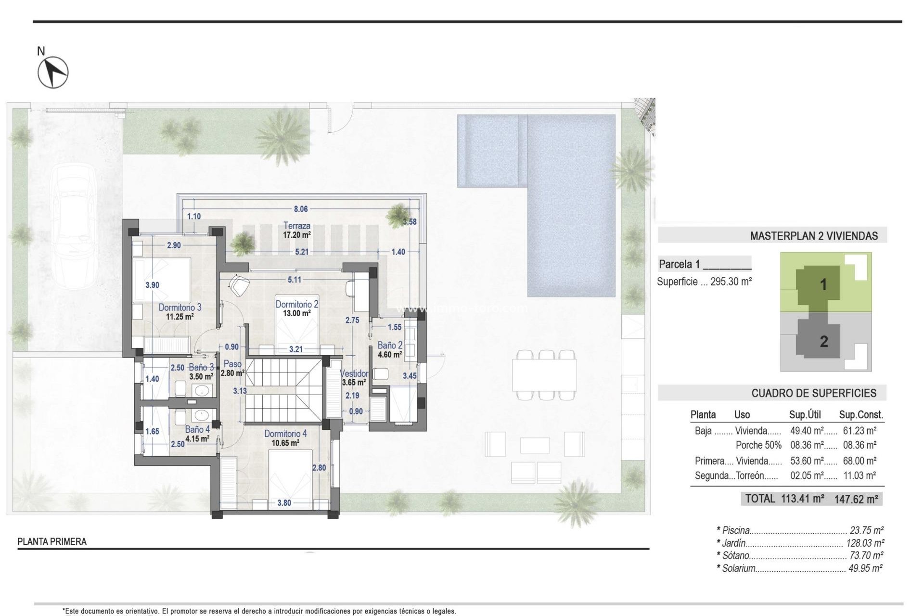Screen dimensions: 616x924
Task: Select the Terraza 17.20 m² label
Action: coord(297,230)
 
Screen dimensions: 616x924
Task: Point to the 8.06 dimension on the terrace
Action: coord(301,209)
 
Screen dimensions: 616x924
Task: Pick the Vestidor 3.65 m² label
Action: coord(354,378)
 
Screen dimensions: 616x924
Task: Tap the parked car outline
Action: coord(75,226)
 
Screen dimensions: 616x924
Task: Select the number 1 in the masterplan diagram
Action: coord(823,284)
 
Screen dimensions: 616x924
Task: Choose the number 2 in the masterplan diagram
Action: coord(823,342)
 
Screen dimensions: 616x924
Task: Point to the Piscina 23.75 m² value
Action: coord(866,530)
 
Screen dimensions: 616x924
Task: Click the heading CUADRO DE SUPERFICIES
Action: coord(813,393)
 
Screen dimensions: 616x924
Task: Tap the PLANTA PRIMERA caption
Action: coord(52,541)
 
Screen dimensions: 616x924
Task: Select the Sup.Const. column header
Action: coord(861,414)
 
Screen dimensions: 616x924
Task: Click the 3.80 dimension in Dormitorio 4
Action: coord(284,503)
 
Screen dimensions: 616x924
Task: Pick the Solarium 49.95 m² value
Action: coord(865,568)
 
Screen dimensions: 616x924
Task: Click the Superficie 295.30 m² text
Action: coord(704,282)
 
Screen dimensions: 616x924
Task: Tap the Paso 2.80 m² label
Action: coord(232,368)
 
